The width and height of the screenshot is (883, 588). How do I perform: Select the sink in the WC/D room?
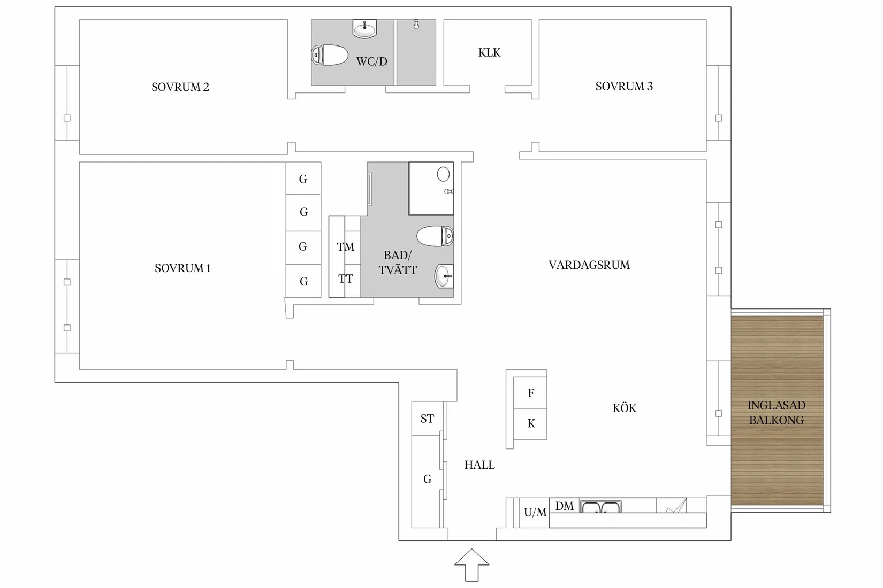[365, 29]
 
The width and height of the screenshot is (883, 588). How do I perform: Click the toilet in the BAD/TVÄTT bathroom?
[435, 236]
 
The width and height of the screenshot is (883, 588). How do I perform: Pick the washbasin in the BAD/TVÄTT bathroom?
[444, 276]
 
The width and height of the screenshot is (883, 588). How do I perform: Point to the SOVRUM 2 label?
[180, 87]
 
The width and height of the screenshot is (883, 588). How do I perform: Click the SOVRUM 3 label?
[624, 86]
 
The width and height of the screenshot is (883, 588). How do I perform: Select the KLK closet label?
[489, 52]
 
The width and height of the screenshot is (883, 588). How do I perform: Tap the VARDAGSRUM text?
[589, 265]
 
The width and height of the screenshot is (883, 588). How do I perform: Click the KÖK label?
[624, 408]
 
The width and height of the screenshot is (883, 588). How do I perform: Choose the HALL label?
[479, 465]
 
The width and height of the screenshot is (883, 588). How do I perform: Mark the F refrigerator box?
[530, 393]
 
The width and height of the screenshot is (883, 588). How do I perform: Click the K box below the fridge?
[530, 423]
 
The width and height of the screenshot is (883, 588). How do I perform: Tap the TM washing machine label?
[345, 247]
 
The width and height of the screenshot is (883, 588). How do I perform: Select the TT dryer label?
[345, 278]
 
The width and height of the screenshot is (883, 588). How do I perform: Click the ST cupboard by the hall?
[427, 419]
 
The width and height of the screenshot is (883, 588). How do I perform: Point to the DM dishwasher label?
[564, 506]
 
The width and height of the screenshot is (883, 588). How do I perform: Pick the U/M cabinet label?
[535, 513]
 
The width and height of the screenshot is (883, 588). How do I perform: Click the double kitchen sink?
[600, 507]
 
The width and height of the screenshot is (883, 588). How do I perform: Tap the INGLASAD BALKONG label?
[776, 413]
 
